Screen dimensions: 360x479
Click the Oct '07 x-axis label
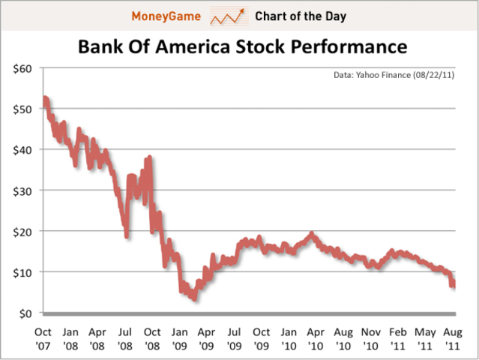click(44, 337)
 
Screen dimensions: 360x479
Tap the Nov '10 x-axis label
click(370, 337)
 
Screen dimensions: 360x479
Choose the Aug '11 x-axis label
click(452, 337)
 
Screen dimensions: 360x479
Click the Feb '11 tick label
click(398, 337)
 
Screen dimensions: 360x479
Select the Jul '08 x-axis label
click(126, 337)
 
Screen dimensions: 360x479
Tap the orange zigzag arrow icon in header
click(228, 15)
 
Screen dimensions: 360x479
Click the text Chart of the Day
click(300, 16)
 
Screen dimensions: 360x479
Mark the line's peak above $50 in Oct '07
click(46, 99)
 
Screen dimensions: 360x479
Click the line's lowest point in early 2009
click(194, 298)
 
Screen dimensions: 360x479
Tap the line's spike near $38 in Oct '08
click(150, 158)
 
